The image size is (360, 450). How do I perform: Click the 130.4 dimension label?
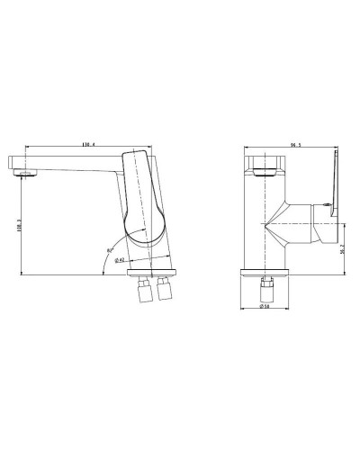[89, 144]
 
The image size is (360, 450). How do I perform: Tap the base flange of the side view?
[152, 273]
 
